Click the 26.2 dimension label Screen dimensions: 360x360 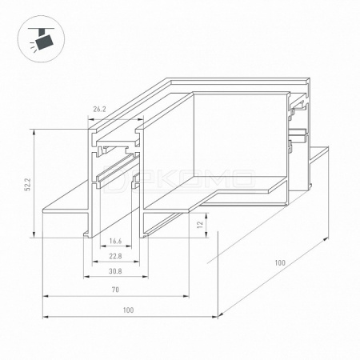(x=99, y=110)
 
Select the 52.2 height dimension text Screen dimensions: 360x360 (x=28, y=184)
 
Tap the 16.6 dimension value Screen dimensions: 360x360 (x=115, y=241)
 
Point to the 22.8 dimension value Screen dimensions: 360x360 (x=115, y=256)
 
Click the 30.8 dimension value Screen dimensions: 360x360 (x=115, y=271)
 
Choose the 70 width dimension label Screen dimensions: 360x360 (x=115, y=290)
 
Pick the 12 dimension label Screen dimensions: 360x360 (x=200, y=224)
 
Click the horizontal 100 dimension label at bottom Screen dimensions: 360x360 (x=128, y=310)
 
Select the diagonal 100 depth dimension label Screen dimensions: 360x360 (x=280, y=262)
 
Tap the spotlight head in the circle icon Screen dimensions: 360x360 (x=45, y=42)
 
